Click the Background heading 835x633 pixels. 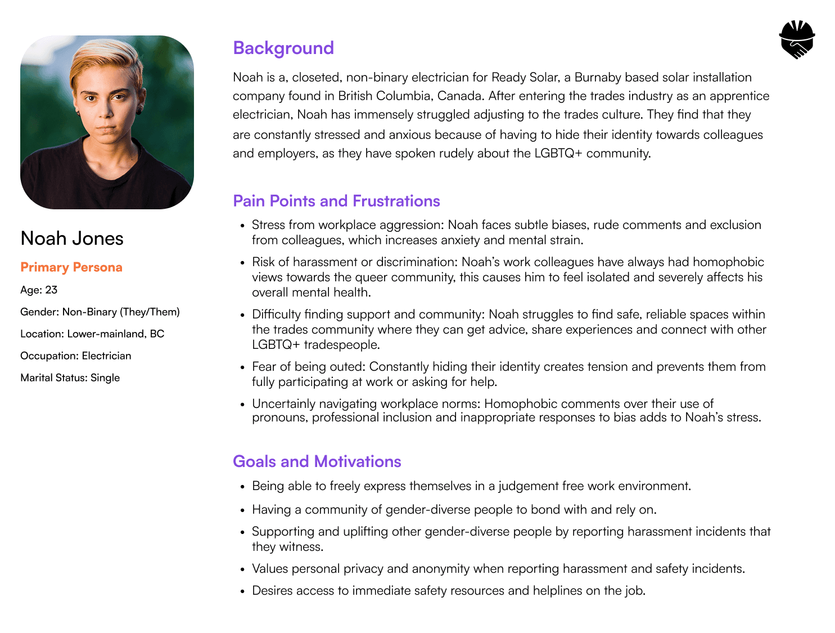[283, 48]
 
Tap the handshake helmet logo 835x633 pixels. [797, 39]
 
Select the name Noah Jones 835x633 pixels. [72, 239]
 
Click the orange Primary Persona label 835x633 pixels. [71, 267]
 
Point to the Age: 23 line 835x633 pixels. [39, 290]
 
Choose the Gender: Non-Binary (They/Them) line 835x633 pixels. [100, 312]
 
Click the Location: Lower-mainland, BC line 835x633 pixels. [92, 334]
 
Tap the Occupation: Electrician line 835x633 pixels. [76, 356]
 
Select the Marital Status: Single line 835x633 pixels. [70, 378]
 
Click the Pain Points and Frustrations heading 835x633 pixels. [336, 201]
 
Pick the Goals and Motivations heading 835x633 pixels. [317, 461]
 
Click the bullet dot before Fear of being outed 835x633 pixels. [242, 368]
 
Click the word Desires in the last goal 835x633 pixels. [272, 590]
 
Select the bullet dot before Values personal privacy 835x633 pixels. [242, 570]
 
